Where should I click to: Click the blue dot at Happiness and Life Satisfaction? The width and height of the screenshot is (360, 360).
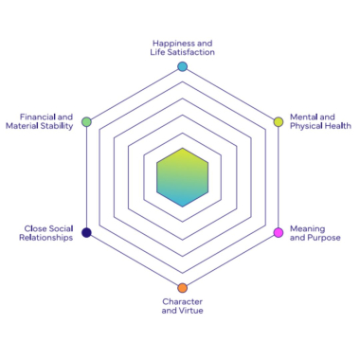coord(182,66)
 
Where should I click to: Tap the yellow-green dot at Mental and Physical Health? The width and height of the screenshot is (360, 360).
coord(278,121)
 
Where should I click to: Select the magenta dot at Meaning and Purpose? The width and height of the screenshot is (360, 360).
coord(278,232)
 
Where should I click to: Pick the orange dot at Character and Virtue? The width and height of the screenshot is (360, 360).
coord(182,287)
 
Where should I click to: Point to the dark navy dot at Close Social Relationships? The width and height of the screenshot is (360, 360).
coord(86,232)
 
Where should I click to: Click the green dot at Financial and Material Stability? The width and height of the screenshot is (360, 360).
coord(86,121)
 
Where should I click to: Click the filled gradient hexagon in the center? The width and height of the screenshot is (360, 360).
coord(182,176)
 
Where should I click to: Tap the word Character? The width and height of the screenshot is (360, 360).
coord(182,301)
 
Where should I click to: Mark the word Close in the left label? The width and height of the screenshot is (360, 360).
coord(35,227)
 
